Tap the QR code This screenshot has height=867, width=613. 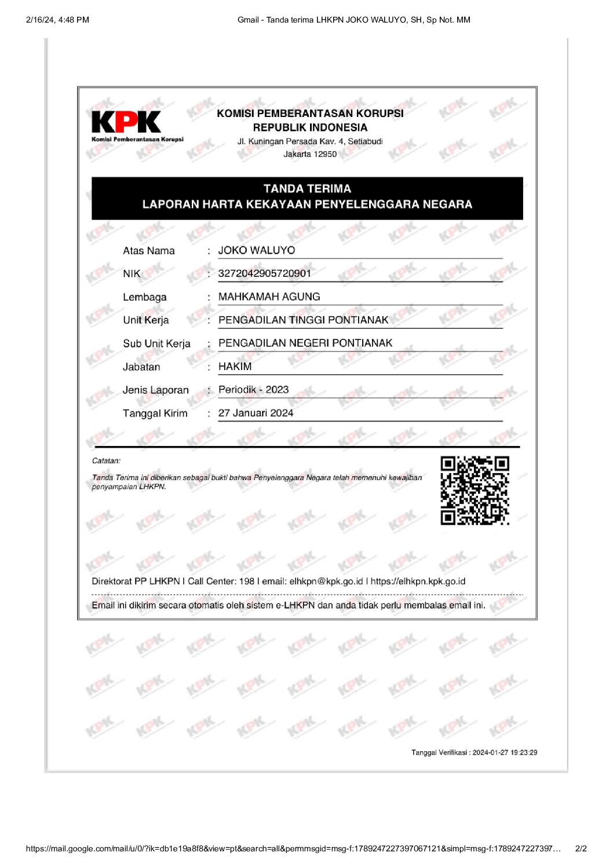coord(475,490)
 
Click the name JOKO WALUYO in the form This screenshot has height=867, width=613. coord(257,250)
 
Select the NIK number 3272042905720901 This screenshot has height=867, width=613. coord(264,273)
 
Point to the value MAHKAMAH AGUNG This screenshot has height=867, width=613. coord(269,297)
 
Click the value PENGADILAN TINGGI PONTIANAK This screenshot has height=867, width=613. coord(303,320)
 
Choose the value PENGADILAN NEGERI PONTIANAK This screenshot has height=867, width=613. coord(305,343)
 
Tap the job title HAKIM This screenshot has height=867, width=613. coord(235,367)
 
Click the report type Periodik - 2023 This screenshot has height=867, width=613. coord(253,390)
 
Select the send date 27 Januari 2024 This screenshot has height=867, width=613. coord(256,413)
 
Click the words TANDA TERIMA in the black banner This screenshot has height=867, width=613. coord(307,189)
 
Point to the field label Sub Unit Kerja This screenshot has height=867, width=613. coord(156,343)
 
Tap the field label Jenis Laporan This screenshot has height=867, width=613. coord(155,390)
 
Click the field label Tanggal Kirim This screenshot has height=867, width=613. coord(155,413)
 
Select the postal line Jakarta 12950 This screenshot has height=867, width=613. coord(310,154)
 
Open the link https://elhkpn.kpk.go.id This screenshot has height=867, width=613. coord(418,581)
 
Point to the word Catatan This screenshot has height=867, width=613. coord(106,461)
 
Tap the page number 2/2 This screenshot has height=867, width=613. coord(581,848)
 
